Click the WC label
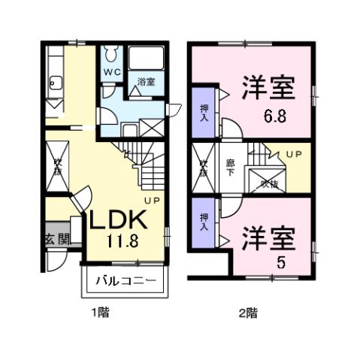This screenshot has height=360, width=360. (110, 73)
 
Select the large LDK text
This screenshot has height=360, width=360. (118, 221)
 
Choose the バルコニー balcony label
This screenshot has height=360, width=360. (125, 283)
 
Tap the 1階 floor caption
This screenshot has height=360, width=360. (100, 313)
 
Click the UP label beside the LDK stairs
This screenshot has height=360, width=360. (152, 201)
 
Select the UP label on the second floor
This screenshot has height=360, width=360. (292, 153)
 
